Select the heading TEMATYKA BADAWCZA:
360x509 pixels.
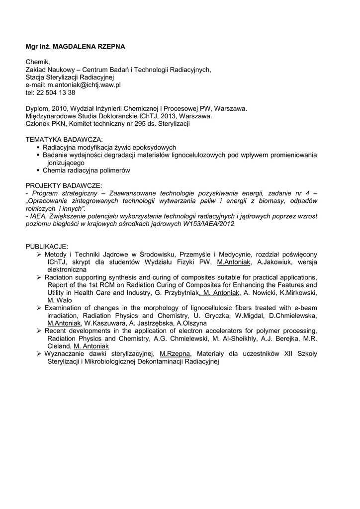pos(64,140)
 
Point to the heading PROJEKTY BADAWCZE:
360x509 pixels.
pos(64,185)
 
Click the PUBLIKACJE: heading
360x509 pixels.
pos(47,247)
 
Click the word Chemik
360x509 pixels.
pos(38,62)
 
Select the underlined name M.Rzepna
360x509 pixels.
pos(176,354)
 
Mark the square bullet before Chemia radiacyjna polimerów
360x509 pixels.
pos(38,170)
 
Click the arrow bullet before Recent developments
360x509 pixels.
pos(39,331)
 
